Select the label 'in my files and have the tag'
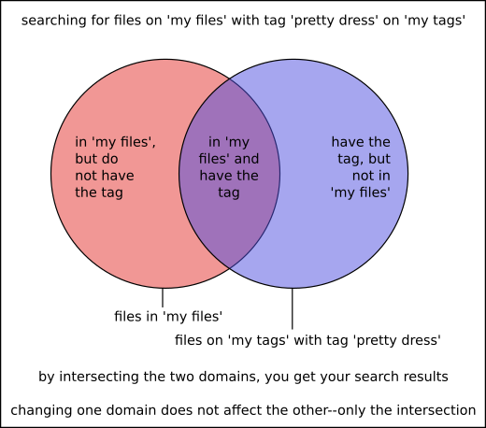(x=229, y=167)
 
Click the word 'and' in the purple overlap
(x=247, y=159)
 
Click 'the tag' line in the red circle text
(x=99, y=193)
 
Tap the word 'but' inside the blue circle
(x=379, y=159)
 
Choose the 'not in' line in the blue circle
(x=371, y=176)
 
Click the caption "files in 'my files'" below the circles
(x=168, y=317)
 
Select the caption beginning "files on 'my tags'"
(x=307, y=340)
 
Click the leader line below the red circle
(x=163, y=298)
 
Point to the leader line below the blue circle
(x=293, y=308)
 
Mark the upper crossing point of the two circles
(x=230, y=79)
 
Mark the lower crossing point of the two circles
(x=230, y=268)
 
